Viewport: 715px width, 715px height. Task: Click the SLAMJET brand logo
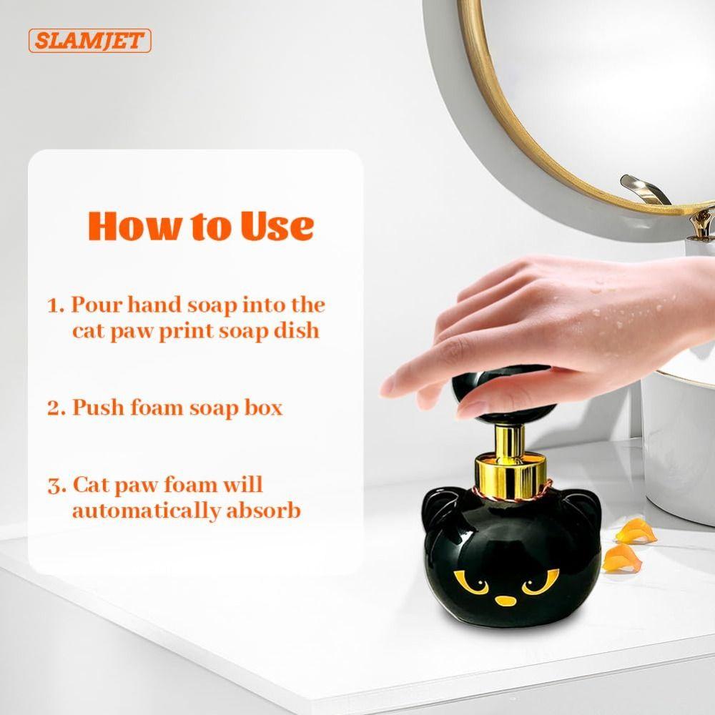pyautogui.click(x=90, y=40)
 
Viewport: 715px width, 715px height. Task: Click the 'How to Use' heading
pyautogui.click(x=200, y=225)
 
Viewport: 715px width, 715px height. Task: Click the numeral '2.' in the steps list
pyautogui.click(x=56, y=408)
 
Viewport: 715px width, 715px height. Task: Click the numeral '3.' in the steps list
pyautogui.click(x=56, y=486)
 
